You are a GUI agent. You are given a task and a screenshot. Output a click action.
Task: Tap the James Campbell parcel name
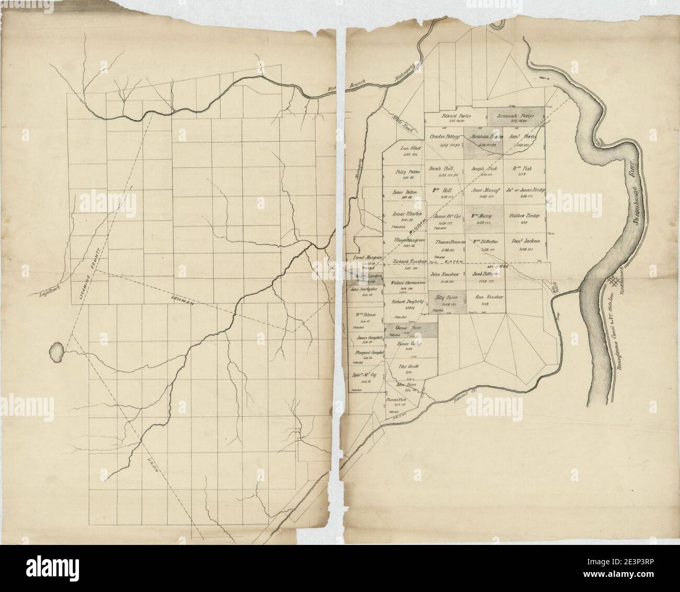point(369,338)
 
